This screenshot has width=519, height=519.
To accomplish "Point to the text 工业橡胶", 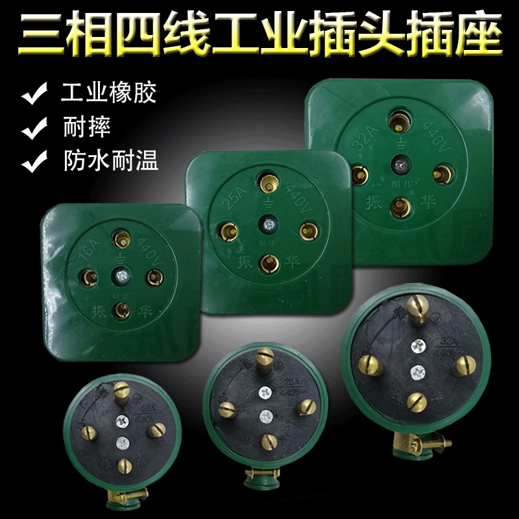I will [x=109, y=93].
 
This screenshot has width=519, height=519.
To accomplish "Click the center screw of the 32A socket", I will [x=398, y=165].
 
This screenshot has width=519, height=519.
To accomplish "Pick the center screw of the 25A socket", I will [x=267, y=224].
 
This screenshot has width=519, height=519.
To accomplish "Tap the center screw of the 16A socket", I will [x=120, y=275].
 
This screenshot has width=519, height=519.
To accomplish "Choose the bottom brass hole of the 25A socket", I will [x=267, y=263].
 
